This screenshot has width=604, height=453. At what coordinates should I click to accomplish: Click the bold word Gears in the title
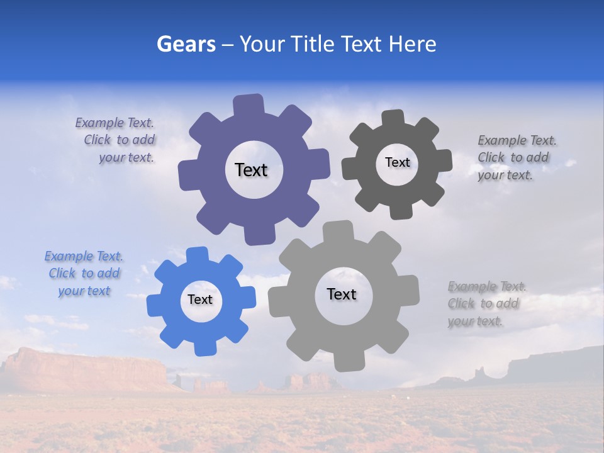pos(186,44)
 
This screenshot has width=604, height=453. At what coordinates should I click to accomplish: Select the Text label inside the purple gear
pos(251,170)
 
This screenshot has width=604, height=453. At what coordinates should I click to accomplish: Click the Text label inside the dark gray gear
pos(397,162)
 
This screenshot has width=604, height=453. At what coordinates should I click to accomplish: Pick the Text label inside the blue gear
pos(200,299)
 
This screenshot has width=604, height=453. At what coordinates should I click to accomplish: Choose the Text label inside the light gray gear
pos(342,294)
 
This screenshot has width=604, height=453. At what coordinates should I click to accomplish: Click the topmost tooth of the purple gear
pos(249,104)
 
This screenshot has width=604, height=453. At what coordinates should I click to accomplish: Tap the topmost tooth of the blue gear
pos(197,255)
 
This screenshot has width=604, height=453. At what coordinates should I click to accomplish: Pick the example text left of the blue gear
pos(84,273)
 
